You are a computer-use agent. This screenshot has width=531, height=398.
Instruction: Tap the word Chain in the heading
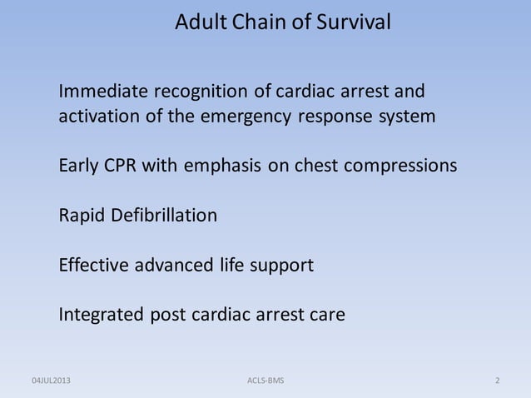(266, 22)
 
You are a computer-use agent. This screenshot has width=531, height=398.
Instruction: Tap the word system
(407, 117)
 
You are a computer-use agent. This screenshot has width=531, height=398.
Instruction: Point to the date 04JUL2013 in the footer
(52, 381)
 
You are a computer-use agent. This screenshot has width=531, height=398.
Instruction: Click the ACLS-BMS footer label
(265, 381)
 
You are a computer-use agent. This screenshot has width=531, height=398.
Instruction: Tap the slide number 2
(497, 381)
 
